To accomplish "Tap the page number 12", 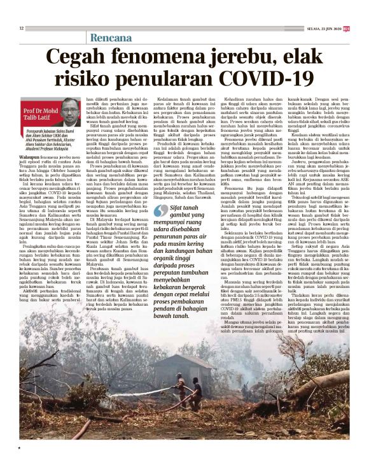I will [21, 27].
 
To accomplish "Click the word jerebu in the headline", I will [226, 57].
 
